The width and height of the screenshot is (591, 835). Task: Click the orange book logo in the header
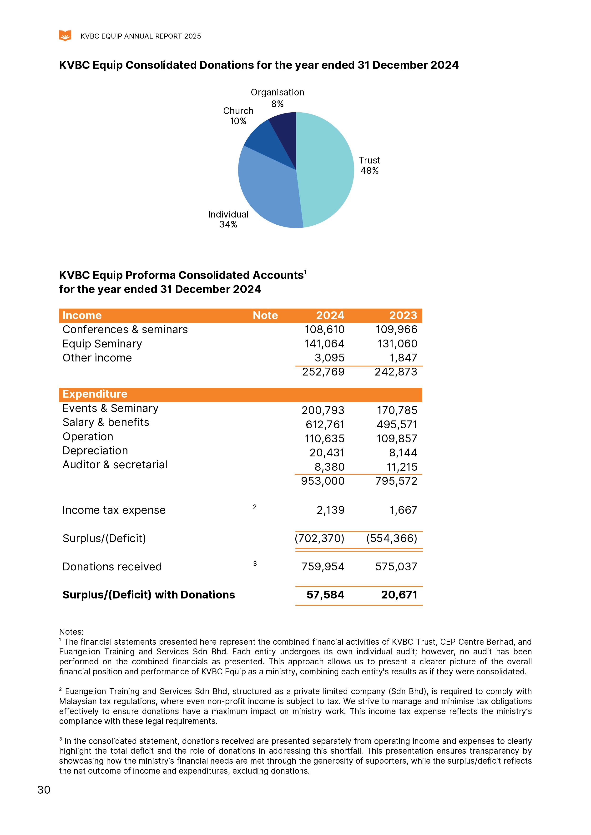pos(65,36)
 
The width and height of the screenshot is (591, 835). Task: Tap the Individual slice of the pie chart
pos(268,189)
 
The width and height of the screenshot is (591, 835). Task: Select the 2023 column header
pos(403,315)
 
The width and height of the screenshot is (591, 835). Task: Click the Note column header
pos(265,315)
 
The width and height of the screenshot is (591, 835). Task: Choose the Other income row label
pos(97,358)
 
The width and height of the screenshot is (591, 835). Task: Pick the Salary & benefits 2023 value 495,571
pos(397,425)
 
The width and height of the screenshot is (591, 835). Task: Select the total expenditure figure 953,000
pos(323,481)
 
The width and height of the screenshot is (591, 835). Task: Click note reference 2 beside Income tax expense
pos(255,507)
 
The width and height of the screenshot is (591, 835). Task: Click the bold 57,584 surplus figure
pos(325,595)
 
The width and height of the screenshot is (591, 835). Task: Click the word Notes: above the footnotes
pos(71,632)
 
